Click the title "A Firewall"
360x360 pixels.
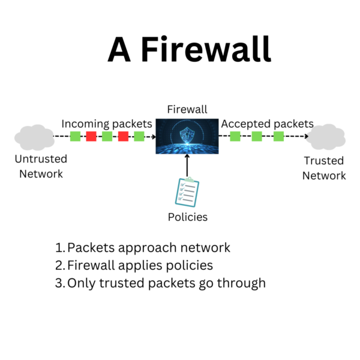coord(189,49)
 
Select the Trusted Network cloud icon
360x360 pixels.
coord(326,137)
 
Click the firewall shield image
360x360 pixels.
coord(187,136)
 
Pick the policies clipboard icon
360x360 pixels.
coord(187,193)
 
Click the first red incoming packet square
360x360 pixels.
coord(91,136)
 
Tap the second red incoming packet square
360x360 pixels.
coord(123,136)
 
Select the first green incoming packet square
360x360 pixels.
coord(75,136)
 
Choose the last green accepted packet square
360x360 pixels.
coord(278,136)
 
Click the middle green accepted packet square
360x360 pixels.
coord(257,136)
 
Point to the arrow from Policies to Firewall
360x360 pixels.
coord(187,164)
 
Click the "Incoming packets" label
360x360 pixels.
coord(107,124)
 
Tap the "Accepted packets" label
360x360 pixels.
coord(268,124)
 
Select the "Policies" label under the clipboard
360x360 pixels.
coord(187,217)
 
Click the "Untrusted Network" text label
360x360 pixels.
coord(41,167)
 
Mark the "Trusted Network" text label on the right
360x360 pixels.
coord(324,168)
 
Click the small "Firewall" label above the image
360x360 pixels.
coord(187,109)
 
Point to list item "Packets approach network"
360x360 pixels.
coord(148,248)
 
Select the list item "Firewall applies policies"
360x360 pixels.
coord(140,265)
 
